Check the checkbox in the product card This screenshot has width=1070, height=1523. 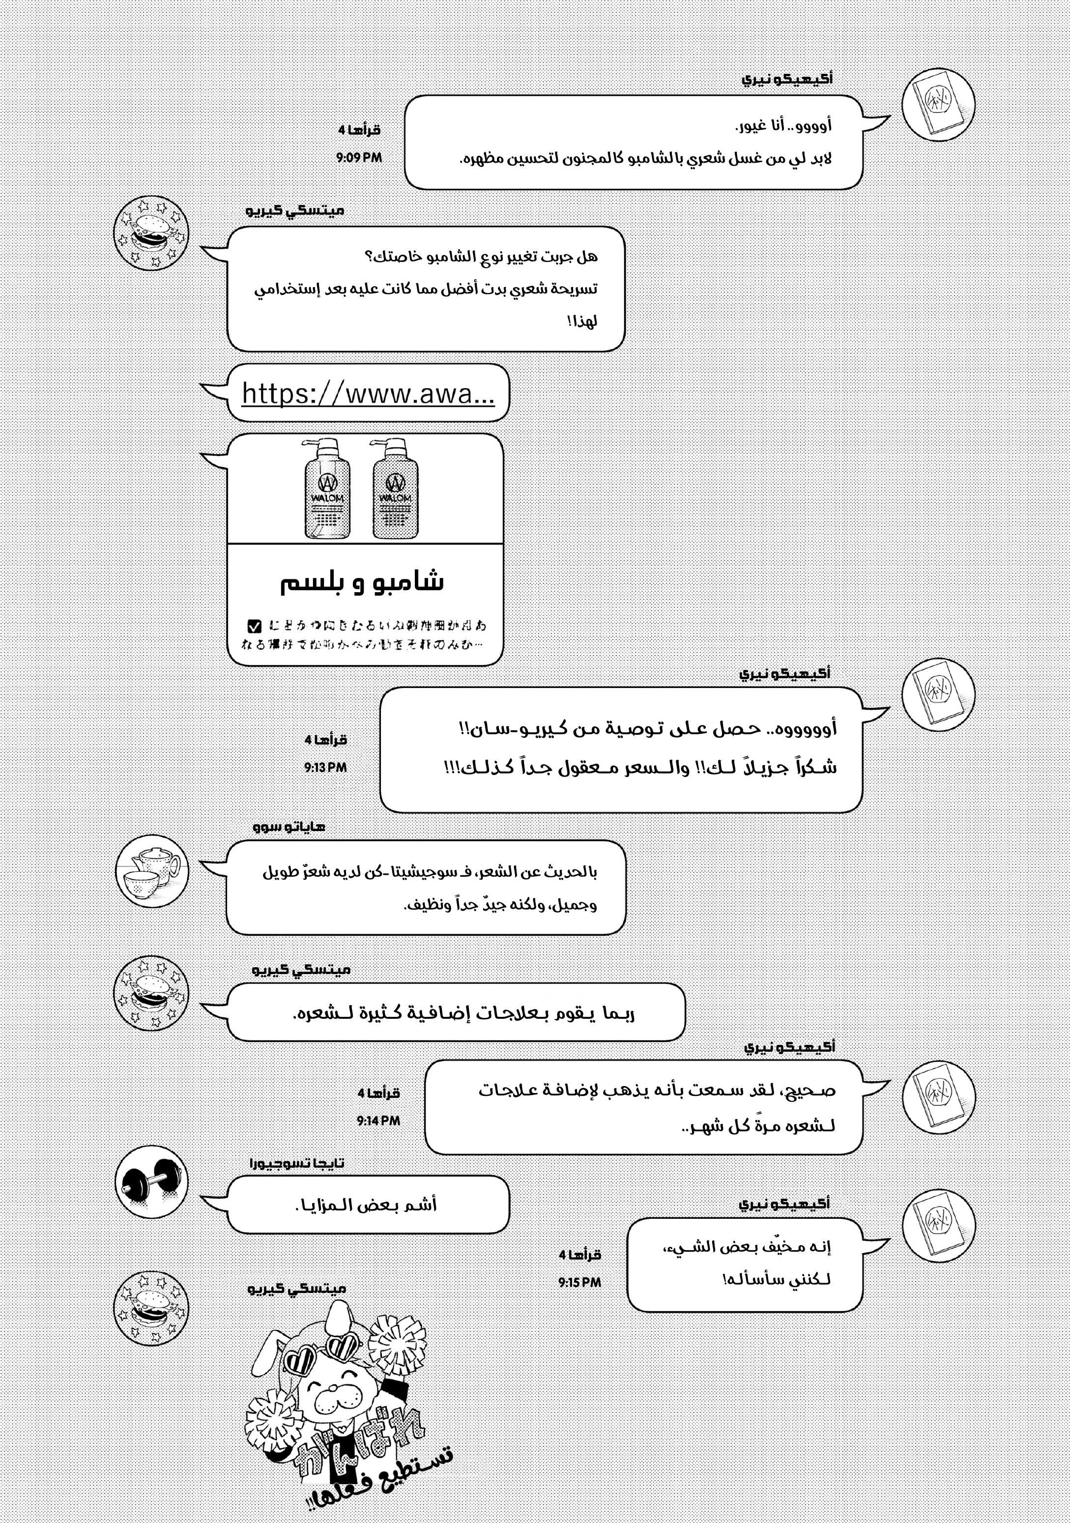(x=254, y=626)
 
